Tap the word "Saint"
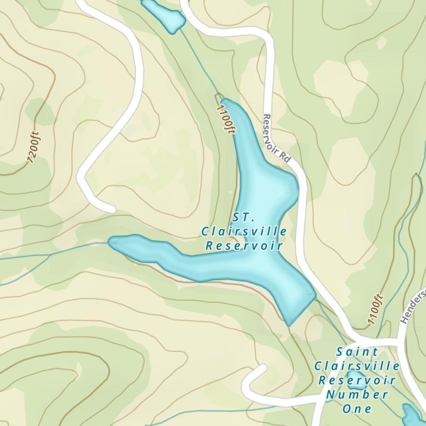coord(357,352)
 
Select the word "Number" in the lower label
coord(357,394)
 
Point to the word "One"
coord(357,409)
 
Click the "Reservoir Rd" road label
coord(276,138)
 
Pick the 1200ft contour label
coord(34,147)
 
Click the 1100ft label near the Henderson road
coord(375,309)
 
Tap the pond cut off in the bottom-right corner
coord(412,415)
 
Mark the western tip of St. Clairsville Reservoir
coord(111,242)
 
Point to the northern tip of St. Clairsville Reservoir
coord(224,101)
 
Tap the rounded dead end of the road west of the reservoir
coord(111,209)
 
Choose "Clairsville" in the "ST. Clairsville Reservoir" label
coord(244,232)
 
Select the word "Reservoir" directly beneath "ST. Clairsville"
coord(244,246)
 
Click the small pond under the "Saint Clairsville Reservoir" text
coord(356,380)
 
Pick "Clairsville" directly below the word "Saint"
coord(357,366)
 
